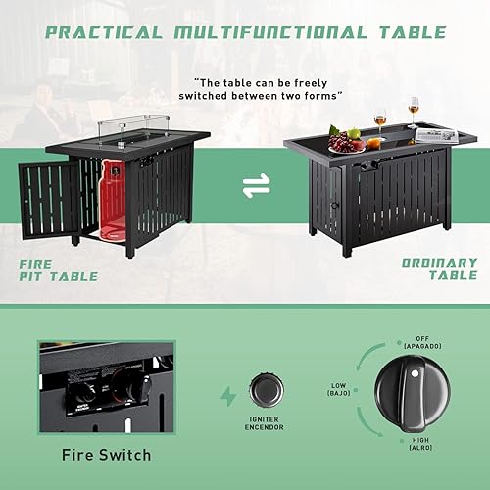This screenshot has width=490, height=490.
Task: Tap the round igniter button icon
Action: tap(264, 387)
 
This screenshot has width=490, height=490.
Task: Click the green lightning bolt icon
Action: tap(228, 396)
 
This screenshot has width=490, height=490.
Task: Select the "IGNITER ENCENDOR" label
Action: tap(264, 422)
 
